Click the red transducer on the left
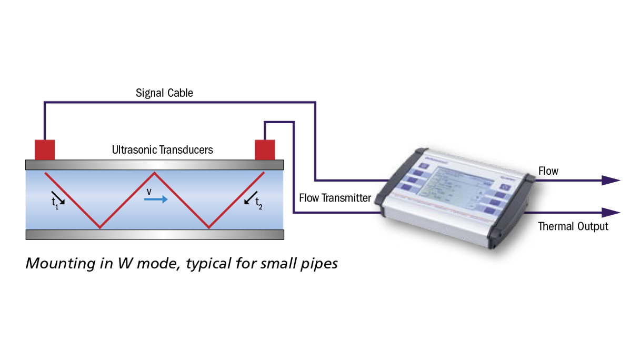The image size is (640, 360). pyautogui.click(x=45, y=149)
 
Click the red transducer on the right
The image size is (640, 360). pyautogui.click(x=265, y=149)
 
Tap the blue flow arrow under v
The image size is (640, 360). pyautogui.click(x=156, y=199)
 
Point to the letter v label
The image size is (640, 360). pyautogui.click(x=149, y=192)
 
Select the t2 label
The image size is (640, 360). pyautogui.click(x=258, y=203)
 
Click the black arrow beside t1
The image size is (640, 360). pyautogui.click(x=58, y=198)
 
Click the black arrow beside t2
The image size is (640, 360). pyautogui.click(x=250, y=198)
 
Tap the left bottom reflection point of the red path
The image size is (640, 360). pyautogui.click(x=100, y=227)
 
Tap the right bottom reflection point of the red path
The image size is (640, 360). pyautogui.click(x=209, y=227)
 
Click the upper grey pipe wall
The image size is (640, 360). pyautogui.click(x=155, y=165)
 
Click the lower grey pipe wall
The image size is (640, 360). pyautogui.click(x=155, y=235)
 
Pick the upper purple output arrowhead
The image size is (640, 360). pyautogui.click(x=612, y=180)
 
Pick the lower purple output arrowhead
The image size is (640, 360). pyautogui.click(x=612, y=213)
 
